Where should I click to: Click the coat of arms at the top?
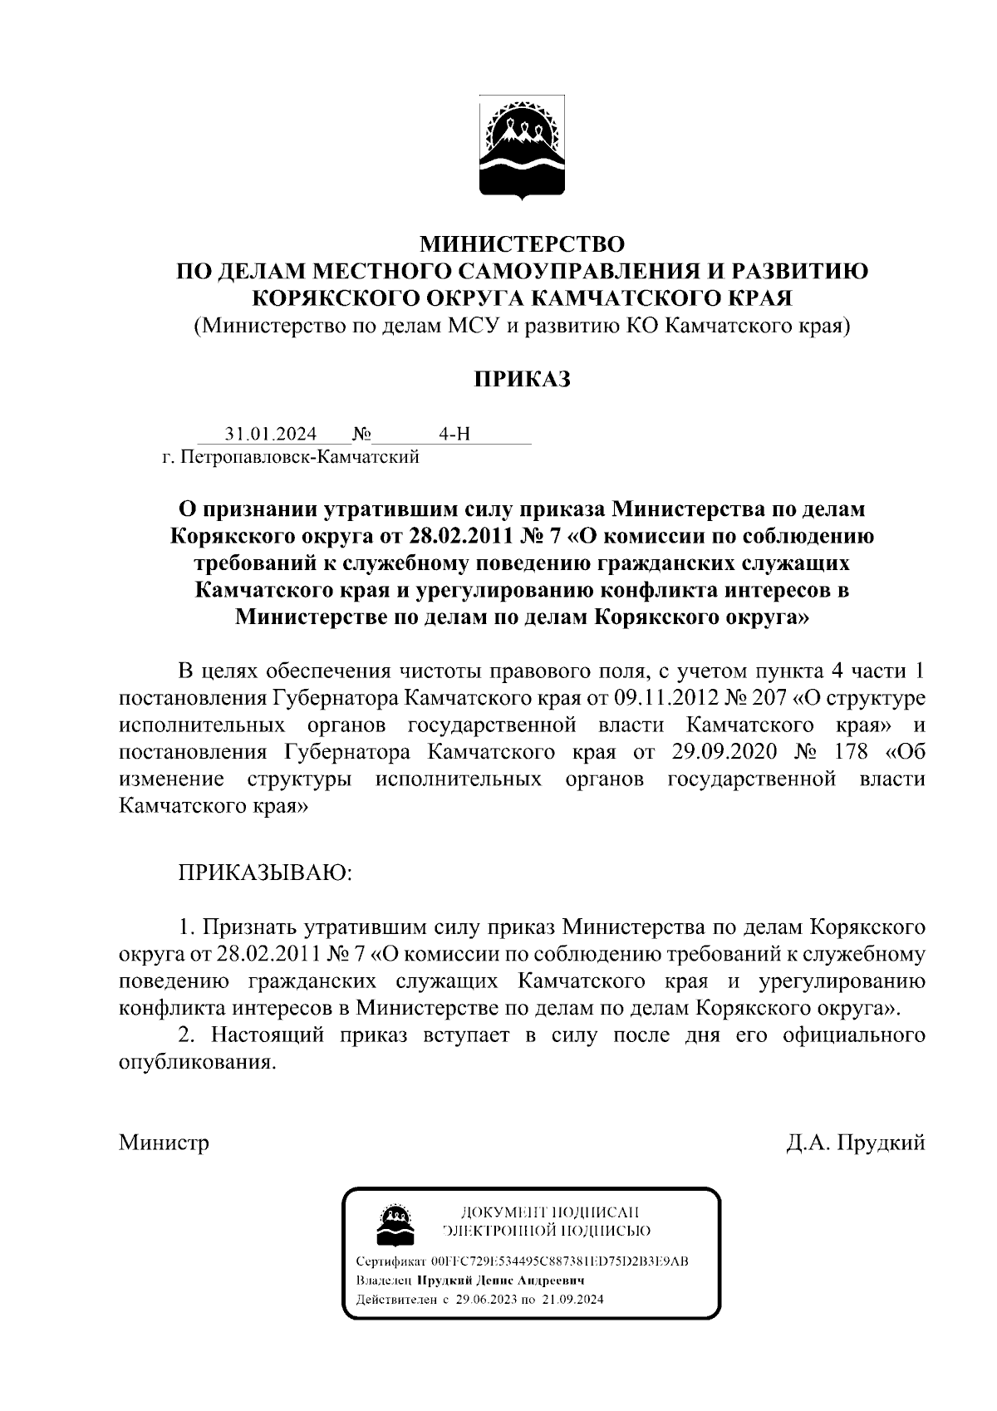[x=523, y=150]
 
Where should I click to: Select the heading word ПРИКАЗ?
[x=523, y=380]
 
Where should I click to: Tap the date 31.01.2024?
[x=271, y=435]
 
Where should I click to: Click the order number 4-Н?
[x=454, y=435]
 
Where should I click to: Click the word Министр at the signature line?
[x=164, y=1143]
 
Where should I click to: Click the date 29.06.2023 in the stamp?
[x=486, y=1300]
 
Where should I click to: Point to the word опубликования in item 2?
[x=197, y=1063]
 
